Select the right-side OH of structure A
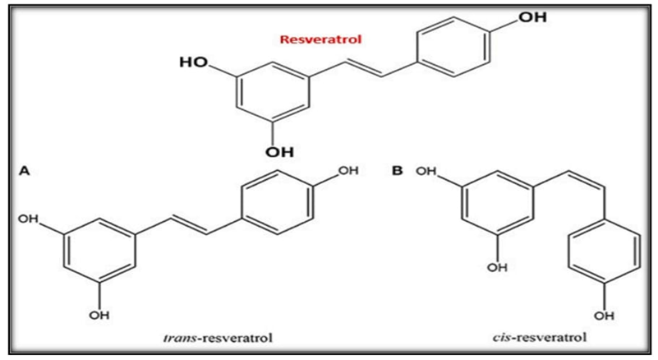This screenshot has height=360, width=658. [348, 170]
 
